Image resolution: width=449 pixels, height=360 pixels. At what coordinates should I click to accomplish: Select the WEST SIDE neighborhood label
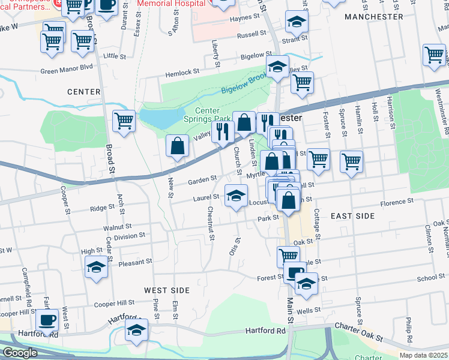pyautogui.click(x=167, y=290)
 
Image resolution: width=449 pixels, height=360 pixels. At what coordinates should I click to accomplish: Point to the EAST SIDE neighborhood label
pyautogui.click(x=352, y=216)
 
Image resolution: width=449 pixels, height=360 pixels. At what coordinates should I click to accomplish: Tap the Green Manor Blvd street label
pyautogui.click(x=67, y=70)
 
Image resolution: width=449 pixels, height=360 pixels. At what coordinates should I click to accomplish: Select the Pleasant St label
pyautogui.click(x=136, y=263)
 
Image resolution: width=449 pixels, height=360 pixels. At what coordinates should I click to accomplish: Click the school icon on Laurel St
pyautogui.click(x=237, y=195)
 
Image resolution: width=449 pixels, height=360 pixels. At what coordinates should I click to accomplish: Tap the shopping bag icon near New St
pyautogui.click(x=178, y=146)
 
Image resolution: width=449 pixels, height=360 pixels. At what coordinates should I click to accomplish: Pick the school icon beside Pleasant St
pyautogui.click(x=96, y=268)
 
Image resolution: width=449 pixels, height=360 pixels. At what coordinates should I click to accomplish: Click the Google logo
pyautogui.click(x=20, y=353)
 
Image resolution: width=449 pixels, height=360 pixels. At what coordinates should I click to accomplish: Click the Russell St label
pyautogui.click(x=252, y=35)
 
